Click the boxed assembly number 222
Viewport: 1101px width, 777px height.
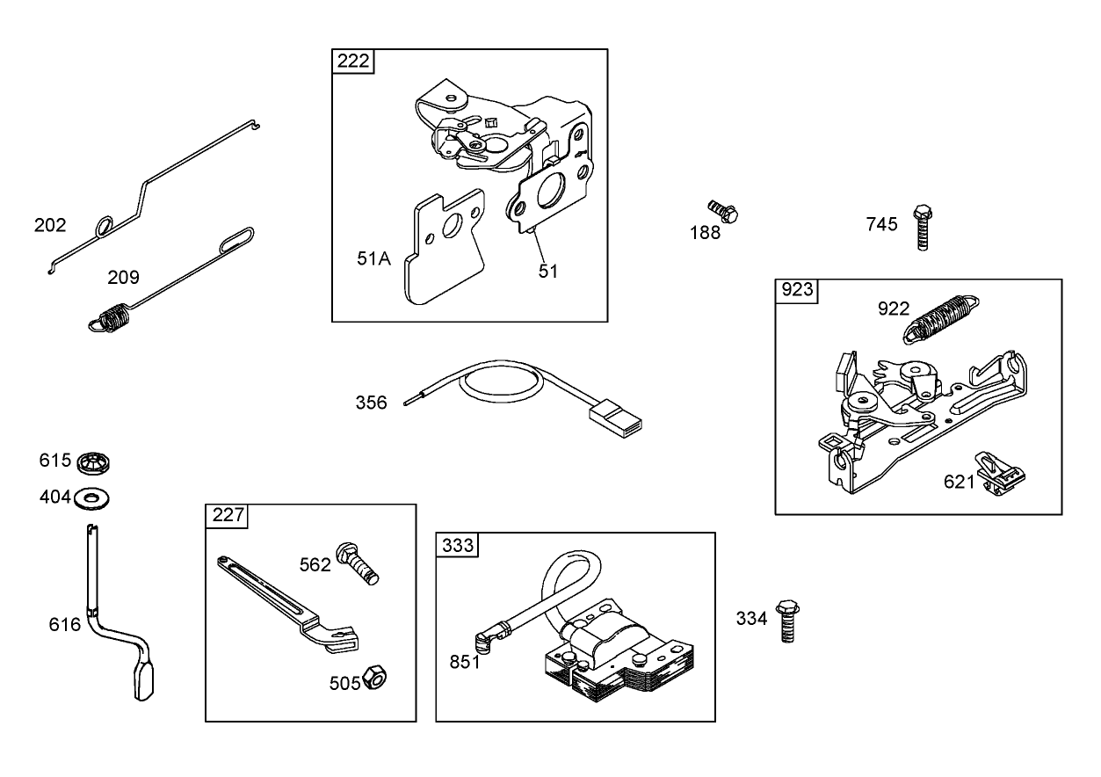coord(352,62)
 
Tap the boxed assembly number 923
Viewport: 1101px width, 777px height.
coord(797,291)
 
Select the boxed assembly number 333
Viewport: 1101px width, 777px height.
coord(457,545)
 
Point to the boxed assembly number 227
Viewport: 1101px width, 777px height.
coord(228,516)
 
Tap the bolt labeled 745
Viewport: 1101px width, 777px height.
coord(922,227)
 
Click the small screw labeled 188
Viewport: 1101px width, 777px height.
coord(724,212)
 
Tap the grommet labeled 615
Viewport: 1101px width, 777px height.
coord(93,461)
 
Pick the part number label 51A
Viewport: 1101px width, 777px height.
coord(373,258)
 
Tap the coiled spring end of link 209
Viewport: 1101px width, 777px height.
coord(108,316)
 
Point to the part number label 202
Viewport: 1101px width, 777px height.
coord(50,225)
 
